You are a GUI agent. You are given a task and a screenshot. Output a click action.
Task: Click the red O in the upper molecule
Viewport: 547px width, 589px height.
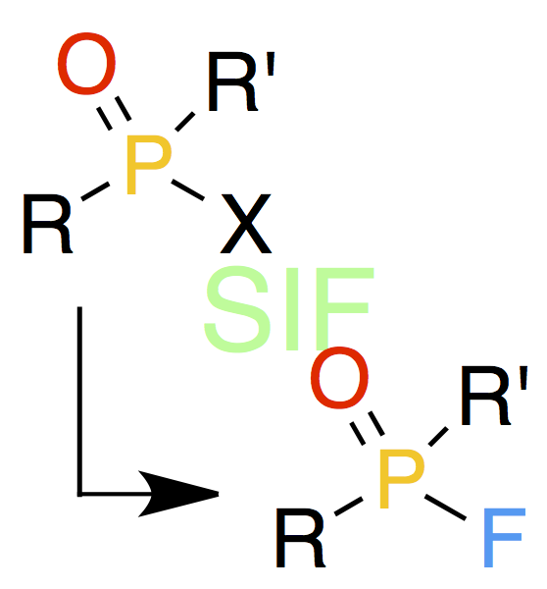point(86,64)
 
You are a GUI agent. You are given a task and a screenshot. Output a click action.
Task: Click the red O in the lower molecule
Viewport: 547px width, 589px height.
point(339,378)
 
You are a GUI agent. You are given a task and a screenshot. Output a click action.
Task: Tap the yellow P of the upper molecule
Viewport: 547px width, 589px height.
point(148,165)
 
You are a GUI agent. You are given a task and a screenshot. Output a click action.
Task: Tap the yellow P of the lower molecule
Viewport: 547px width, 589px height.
point(402,479)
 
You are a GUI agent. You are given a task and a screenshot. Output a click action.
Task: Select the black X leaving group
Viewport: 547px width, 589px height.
point(246,224)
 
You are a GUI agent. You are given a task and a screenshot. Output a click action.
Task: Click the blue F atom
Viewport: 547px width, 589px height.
point(504,537)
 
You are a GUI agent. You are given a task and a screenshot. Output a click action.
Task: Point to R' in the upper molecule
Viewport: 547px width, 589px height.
point(241,81)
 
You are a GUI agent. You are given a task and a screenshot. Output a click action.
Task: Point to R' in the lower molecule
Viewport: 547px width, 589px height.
point(494,396)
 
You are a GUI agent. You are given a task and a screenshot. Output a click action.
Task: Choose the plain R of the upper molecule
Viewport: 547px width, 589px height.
point(48,224)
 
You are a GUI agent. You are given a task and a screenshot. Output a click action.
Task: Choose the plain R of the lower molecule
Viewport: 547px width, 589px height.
point(301,537)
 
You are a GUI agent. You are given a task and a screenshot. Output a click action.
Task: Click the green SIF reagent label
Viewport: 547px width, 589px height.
point(288,309)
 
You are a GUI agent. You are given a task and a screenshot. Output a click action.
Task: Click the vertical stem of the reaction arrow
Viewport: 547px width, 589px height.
point(79,402)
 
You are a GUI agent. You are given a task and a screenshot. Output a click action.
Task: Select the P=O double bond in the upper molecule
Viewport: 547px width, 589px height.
point(114,114)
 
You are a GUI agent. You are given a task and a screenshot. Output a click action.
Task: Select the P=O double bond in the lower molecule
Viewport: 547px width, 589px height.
point(367,428)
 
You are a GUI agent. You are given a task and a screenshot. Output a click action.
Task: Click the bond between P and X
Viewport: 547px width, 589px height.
point(187,190)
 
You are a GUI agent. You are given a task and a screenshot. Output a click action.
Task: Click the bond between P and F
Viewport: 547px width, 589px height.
point(445,508)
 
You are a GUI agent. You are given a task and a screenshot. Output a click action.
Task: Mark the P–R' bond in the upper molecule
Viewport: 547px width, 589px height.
point(185,122)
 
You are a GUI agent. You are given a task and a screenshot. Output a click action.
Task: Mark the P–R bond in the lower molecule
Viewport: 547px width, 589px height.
point(349,507)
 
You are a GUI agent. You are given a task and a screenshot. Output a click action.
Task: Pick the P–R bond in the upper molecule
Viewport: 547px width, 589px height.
point(95,191)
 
